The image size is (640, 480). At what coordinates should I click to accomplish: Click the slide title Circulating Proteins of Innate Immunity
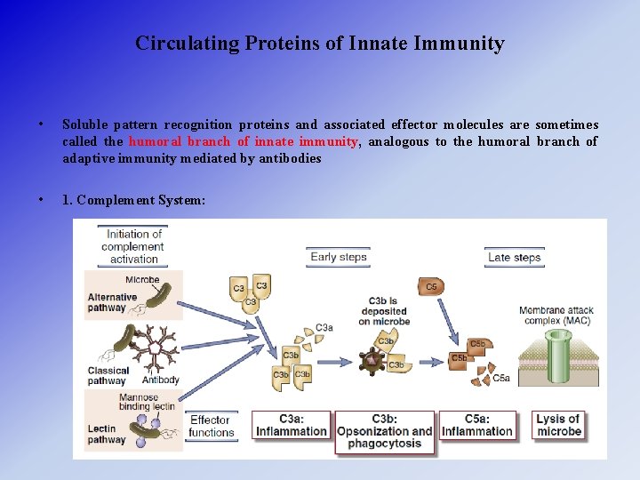click(x=320, y=44)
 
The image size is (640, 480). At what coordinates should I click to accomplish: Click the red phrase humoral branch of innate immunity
click(x=243, y=141)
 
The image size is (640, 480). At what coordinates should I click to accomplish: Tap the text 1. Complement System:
click(x=133, y=200)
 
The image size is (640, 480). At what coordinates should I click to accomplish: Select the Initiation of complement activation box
click(x=134, y=246)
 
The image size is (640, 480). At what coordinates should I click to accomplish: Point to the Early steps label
click(x=338, y=257)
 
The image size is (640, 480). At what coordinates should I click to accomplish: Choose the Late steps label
click(x=514, y=257)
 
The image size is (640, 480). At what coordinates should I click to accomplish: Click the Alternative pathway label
click(x=108, y=303)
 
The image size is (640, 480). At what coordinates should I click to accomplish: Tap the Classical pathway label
click(x=108, y=375)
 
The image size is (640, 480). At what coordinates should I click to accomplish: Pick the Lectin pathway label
click(x=107, y=433)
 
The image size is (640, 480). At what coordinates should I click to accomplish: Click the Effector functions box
click(x=212, y=426)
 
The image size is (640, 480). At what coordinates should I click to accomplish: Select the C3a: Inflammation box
click(x=292, y=425)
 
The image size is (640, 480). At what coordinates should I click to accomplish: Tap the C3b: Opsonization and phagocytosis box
click(x=384, y=431)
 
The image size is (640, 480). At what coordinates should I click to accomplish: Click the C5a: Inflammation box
click(x=477, y=425)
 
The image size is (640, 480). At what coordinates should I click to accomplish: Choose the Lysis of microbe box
click(x=558, y=425)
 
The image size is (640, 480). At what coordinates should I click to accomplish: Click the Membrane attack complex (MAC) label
click(x=558, y=315)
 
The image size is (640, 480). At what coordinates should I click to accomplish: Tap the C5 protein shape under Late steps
click(x=431, y=287)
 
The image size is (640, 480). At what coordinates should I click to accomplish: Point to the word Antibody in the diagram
click(x=161, y=380)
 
